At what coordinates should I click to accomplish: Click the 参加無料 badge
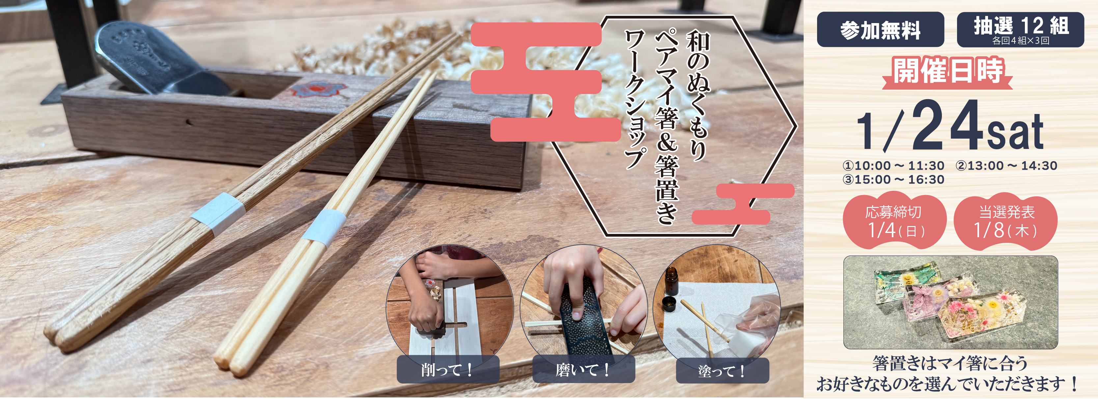(x=880, y=30)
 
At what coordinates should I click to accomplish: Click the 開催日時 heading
(x=947, y=71)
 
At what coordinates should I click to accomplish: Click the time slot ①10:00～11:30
(x=893, y=166)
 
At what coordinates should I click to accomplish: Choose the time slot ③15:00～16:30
(x=893, y=180)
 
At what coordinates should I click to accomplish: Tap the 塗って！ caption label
(x=722, y=371)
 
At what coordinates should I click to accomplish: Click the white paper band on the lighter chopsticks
(x=324, y=227)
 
